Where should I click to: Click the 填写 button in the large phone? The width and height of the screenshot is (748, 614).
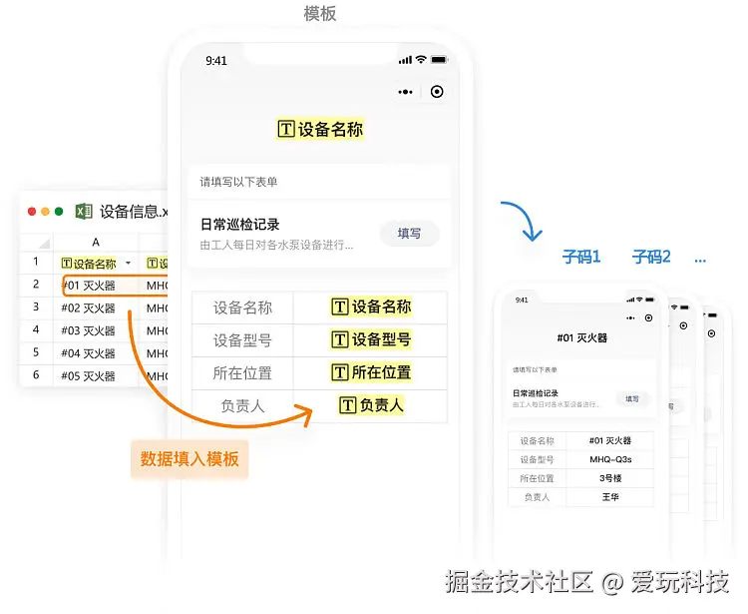click(409, 234)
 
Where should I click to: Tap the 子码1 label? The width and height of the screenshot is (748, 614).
click(581, 258)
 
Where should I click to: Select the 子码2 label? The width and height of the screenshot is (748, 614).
click(651, 258)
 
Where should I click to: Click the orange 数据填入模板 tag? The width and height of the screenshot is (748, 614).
click(189, 459)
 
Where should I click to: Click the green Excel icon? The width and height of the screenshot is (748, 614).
click(84, 211)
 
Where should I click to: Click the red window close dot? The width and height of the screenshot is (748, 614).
click(32, 212)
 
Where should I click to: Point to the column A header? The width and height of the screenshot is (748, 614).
click(96, 243)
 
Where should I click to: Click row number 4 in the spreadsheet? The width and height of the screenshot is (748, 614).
click(36, 330)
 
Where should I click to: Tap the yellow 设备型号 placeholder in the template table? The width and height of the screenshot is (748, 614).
click(371, 339)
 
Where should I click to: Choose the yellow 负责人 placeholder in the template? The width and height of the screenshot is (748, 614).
click(371, 405)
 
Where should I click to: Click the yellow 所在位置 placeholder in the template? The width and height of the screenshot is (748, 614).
click(371, 372)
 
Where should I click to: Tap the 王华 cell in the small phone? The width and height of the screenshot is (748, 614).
click(610, 496)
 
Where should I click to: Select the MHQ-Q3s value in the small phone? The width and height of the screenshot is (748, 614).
click(610, 459)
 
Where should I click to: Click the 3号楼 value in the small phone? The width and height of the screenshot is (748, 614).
click(610, 478)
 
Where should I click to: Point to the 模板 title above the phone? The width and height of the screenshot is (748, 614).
click(320, 13)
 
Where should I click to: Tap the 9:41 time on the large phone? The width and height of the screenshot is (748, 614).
click(216, 61)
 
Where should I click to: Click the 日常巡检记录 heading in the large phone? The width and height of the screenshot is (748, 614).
click(240, 225)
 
